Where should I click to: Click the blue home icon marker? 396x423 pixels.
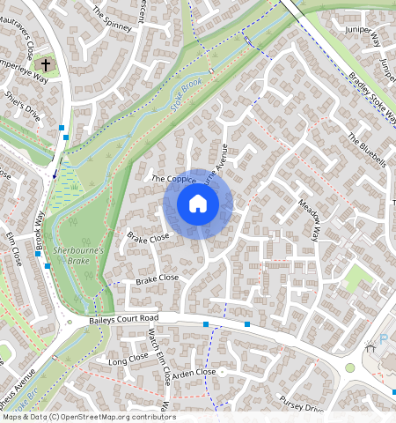click(x=198, y=204)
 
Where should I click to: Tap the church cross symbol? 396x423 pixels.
click(x=46, y=65)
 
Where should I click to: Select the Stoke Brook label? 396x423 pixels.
click(x=186, y=100)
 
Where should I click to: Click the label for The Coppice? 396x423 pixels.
click(x=172, y=179)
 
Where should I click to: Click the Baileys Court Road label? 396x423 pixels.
click(x=123, y=318)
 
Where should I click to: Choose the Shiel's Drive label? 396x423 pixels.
click(x=23, y=107)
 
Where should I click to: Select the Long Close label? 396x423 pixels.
click(x=128, y=360)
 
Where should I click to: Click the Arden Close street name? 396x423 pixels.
click(x=194, y=373)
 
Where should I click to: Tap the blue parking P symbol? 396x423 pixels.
click(x=383, y=340)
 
